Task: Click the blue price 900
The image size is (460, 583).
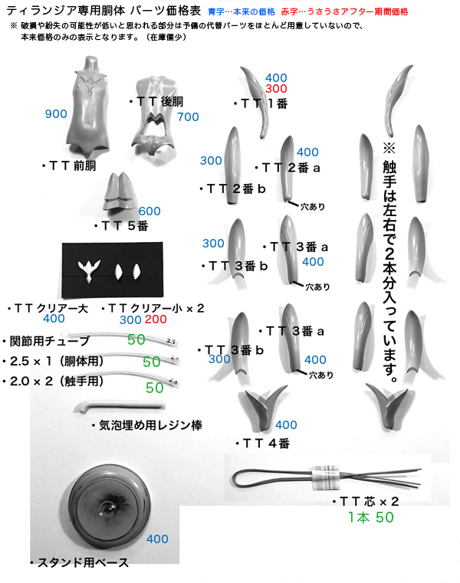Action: click(x=56, y=114)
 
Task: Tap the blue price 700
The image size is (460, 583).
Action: click(x=188, y=116)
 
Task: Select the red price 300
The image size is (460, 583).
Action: click(x=276, y=89)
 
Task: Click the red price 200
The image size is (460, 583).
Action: click(x=156, y=319)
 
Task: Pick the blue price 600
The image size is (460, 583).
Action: click(x=149, y=211)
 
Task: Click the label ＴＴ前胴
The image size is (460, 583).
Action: click(x=69, y=165)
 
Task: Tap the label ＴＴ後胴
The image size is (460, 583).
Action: click(x=156, y=101)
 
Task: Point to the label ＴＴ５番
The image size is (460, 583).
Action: click(x=122, y=226)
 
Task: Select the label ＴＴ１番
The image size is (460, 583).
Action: click(x=261, y=103)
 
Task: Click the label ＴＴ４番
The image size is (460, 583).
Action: click(x=263, y=444)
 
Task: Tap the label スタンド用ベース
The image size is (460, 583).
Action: click(x=80, y=562)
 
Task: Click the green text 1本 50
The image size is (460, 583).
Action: click(x=370, y=517)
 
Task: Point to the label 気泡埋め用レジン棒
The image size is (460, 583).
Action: click(x=147, y=425)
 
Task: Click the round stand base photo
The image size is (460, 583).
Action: click(x=109, y=506)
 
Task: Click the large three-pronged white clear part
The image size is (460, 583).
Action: click(x=89, y=270)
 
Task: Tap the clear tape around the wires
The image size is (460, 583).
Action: click(x=325, y=477)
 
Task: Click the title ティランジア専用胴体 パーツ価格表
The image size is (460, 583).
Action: click(x=103, y=11)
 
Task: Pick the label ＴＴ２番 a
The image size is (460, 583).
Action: click(x=287, y=168)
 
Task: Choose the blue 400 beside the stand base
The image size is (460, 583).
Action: click(x=157, y=539)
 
